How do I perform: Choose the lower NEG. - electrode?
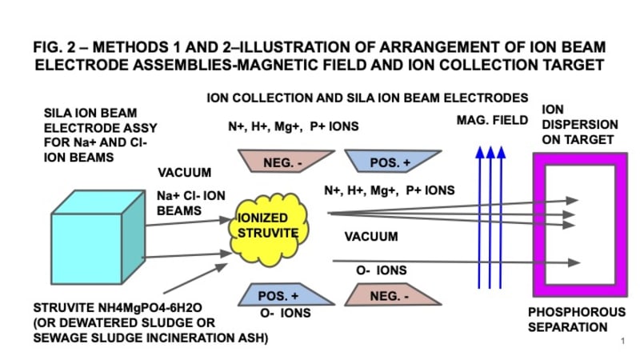(390, 295)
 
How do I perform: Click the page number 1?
(622, 341)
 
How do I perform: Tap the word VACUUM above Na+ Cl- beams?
(185, 172)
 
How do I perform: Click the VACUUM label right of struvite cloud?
(370, 237)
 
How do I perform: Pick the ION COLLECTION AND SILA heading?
(367, 98)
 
